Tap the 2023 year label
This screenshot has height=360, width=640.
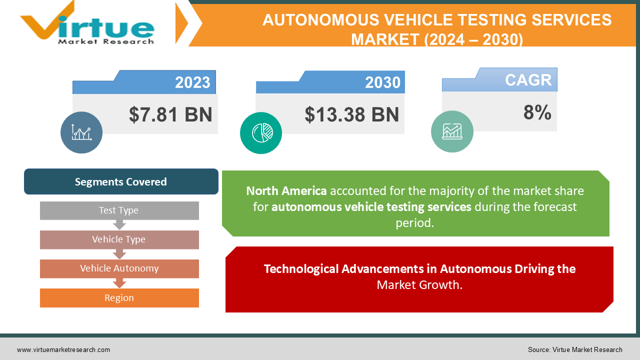tap(192, 82)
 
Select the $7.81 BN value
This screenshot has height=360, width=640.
tap(170, 114)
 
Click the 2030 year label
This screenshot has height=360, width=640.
tap(382, 82)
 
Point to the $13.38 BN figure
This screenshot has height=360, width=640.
tap(352, 114)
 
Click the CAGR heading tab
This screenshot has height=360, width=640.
tap(528, 80)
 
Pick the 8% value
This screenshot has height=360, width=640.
tap(537, 113)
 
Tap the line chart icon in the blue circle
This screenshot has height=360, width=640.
tap(81, 132)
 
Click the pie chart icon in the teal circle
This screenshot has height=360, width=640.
tap(261, 132)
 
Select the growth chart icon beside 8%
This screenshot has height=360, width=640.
tap(452, 131)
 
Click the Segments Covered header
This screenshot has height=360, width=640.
tap(121, 181)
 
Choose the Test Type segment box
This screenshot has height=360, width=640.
tap(119, 210)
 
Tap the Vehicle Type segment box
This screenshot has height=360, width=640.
tap(119, 239)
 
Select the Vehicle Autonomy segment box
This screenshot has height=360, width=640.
tap(119, 268)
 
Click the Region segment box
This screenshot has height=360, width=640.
tap(119, 298)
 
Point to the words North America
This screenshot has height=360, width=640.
tap(286, 191)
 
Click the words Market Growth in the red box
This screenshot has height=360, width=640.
tap(419, 285)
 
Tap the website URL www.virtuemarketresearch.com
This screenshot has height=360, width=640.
tap(63, 350)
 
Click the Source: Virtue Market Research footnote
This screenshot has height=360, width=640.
tap(575, 350)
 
